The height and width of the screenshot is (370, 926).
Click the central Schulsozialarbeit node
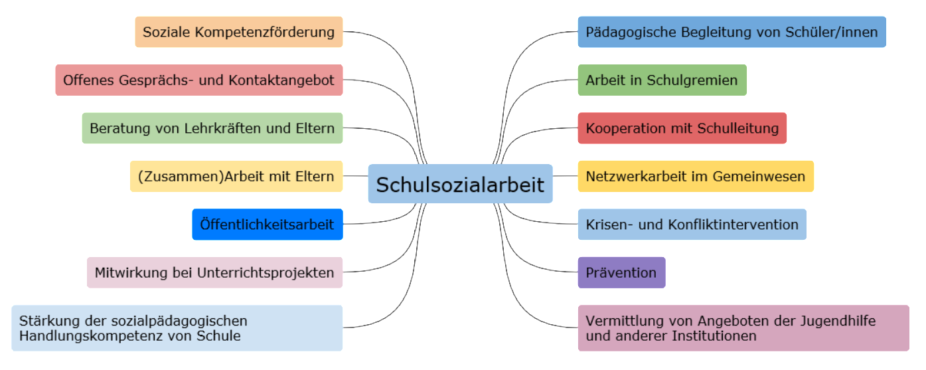coord(460,184)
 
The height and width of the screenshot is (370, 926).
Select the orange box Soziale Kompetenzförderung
coord(239,32)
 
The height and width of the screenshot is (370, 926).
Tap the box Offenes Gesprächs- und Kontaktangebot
coord(199,80)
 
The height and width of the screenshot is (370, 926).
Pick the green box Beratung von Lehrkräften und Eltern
coord(212,128)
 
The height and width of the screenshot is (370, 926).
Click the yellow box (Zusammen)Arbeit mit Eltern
coord(236,176)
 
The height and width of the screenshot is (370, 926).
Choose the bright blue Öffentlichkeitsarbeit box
coord(268,225)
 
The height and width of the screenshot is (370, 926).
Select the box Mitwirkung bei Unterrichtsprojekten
coord(214,272)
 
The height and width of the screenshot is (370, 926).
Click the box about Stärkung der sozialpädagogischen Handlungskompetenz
coord(177,328)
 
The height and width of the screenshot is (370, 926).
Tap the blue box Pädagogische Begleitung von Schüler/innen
coord(732,32)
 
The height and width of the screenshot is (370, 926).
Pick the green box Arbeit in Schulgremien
coord(662,80)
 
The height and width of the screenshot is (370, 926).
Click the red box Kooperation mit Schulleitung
coord(682,128)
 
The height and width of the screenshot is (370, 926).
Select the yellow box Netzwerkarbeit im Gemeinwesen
coord(695,176)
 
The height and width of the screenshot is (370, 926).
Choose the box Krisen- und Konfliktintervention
coord(692,225)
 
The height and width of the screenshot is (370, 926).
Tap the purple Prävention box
coord(621,272)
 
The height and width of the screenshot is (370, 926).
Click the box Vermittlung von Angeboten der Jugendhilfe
coord(743,328)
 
